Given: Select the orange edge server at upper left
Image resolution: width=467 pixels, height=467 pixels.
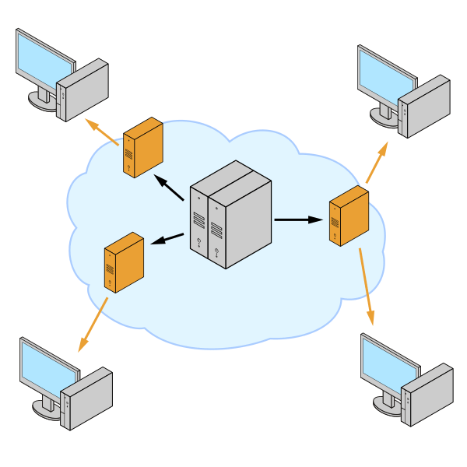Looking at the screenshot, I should tap(141, 148).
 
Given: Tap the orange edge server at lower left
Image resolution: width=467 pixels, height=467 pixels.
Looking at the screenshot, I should tap(123, 262).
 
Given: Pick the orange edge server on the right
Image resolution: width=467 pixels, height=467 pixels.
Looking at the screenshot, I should tap(348, 216).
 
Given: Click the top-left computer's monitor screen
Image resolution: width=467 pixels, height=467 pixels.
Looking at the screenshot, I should tap(44, 60).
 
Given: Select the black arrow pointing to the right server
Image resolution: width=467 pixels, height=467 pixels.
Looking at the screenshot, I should tap(298, 219).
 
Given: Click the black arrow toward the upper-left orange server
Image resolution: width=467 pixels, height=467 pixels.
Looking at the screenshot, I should tap(169, 188).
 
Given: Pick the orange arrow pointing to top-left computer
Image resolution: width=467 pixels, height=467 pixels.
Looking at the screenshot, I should tap(100, 131).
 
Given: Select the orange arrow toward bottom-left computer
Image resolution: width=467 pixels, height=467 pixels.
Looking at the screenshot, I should tap(91, 325).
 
